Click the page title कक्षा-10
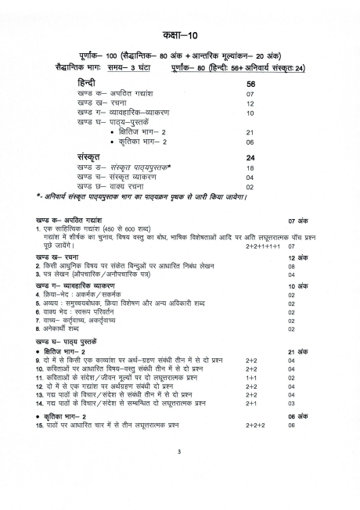click(x=179, y=37)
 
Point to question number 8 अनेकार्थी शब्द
click(x=38, y=329)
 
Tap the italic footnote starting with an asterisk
click(x=141, y=196)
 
